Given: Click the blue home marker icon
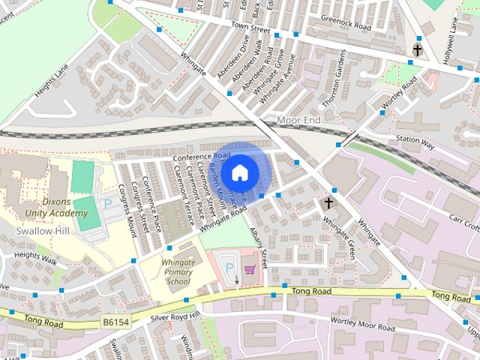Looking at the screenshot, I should coord(239,172).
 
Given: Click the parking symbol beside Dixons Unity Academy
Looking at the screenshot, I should coord(107,203).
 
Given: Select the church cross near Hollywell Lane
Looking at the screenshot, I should coord(417,51).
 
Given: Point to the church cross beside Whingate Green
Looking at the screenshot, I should coord(328,203).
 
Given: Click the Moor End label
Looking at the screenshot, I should coord(298,120).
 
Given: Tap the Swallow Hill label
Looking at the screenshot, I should coord(42,231).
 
